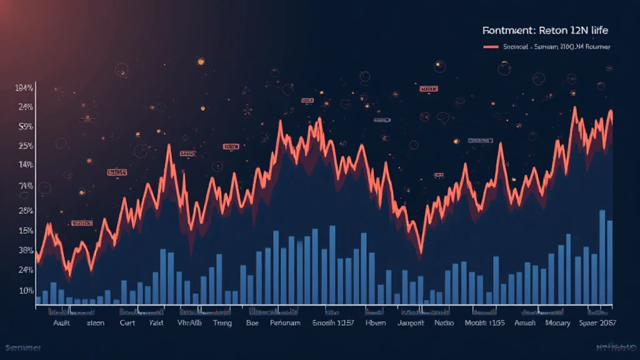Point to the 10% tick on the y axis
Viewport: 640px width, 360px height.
(x=26, y=291)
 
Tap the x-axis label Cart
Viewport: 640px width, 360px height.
(x=127, y=323)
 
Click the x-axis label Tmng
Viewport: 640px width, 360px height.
(x=222, y=323)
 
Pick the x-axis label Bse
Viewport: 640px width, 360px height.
(x=252, y=323)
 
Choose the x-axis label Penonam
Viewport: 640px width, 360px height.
(x=285, y=323)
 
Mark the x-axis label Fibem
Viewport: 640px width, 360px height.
(x=376, y=323)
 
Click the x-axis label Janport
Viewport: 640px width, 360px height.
(x=410, y=323)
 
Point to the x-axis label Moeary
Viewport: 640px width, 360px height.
(x=558, y=323)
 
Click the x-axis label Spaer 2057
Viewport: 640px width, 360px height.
(x=597, y=323)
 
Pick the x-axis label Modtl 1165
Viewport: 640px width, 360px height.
(x=484, y=323)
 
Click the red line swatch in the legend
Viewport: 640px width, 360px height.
(x=491, y=47)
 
